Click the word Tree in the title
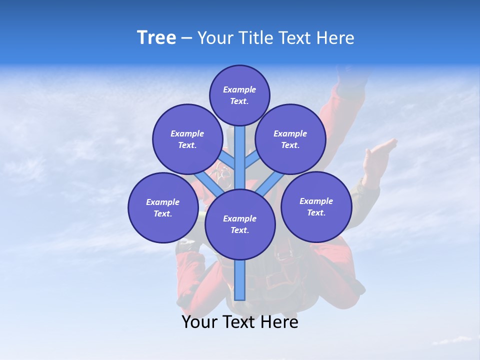[156, 38]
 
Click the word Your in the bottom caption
[199, 322]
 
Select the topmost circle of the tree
[239, 95]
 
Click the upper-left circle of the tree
[187, 139]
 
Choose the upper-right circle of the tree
[290, 139]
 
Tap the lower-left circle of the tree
[163, 207]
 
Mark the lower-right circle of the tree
[316, 206]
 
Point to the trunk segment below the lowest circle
[240, 280]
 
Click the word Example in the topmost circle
[239, 89]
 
